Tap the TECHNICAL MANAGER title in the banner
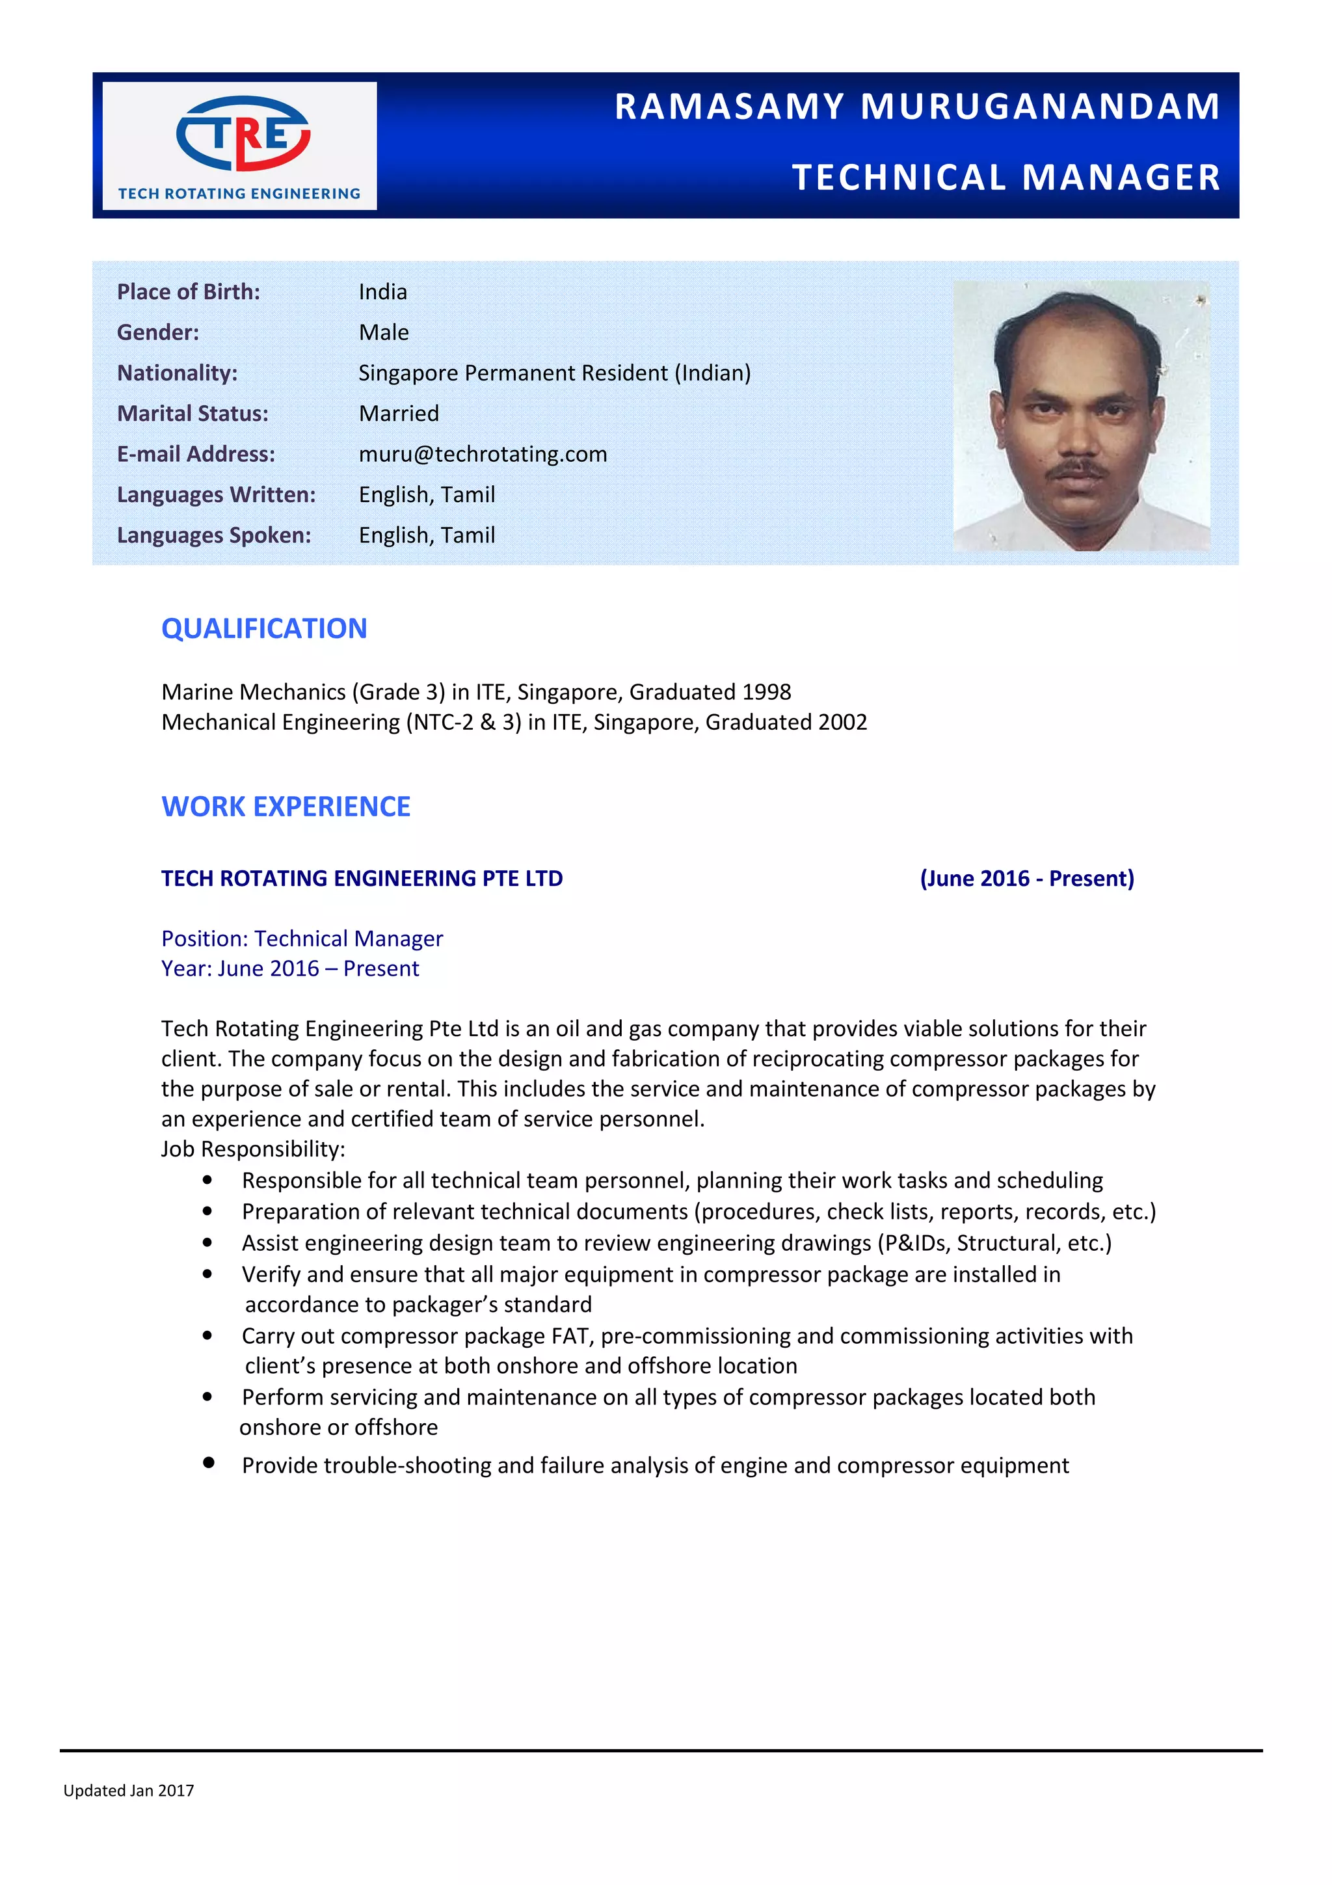coord(1006,178)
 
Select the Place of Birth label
coord(188,292)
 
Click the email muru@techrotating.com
coord(483,454)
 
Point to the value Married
coord(399,414)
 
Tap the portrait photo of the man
coord(1080,416)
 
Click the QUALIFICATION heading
coord(263,629)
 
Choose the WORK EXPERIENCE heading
coord(286,807)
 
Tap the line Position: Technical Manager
coord(302,939)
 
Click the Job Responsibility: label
coord(253,1149)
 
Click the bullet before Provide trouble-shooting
coord(209,1462)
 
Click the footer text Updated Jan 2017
coord(129,1791)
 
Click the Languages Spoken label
coord(213,535)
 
